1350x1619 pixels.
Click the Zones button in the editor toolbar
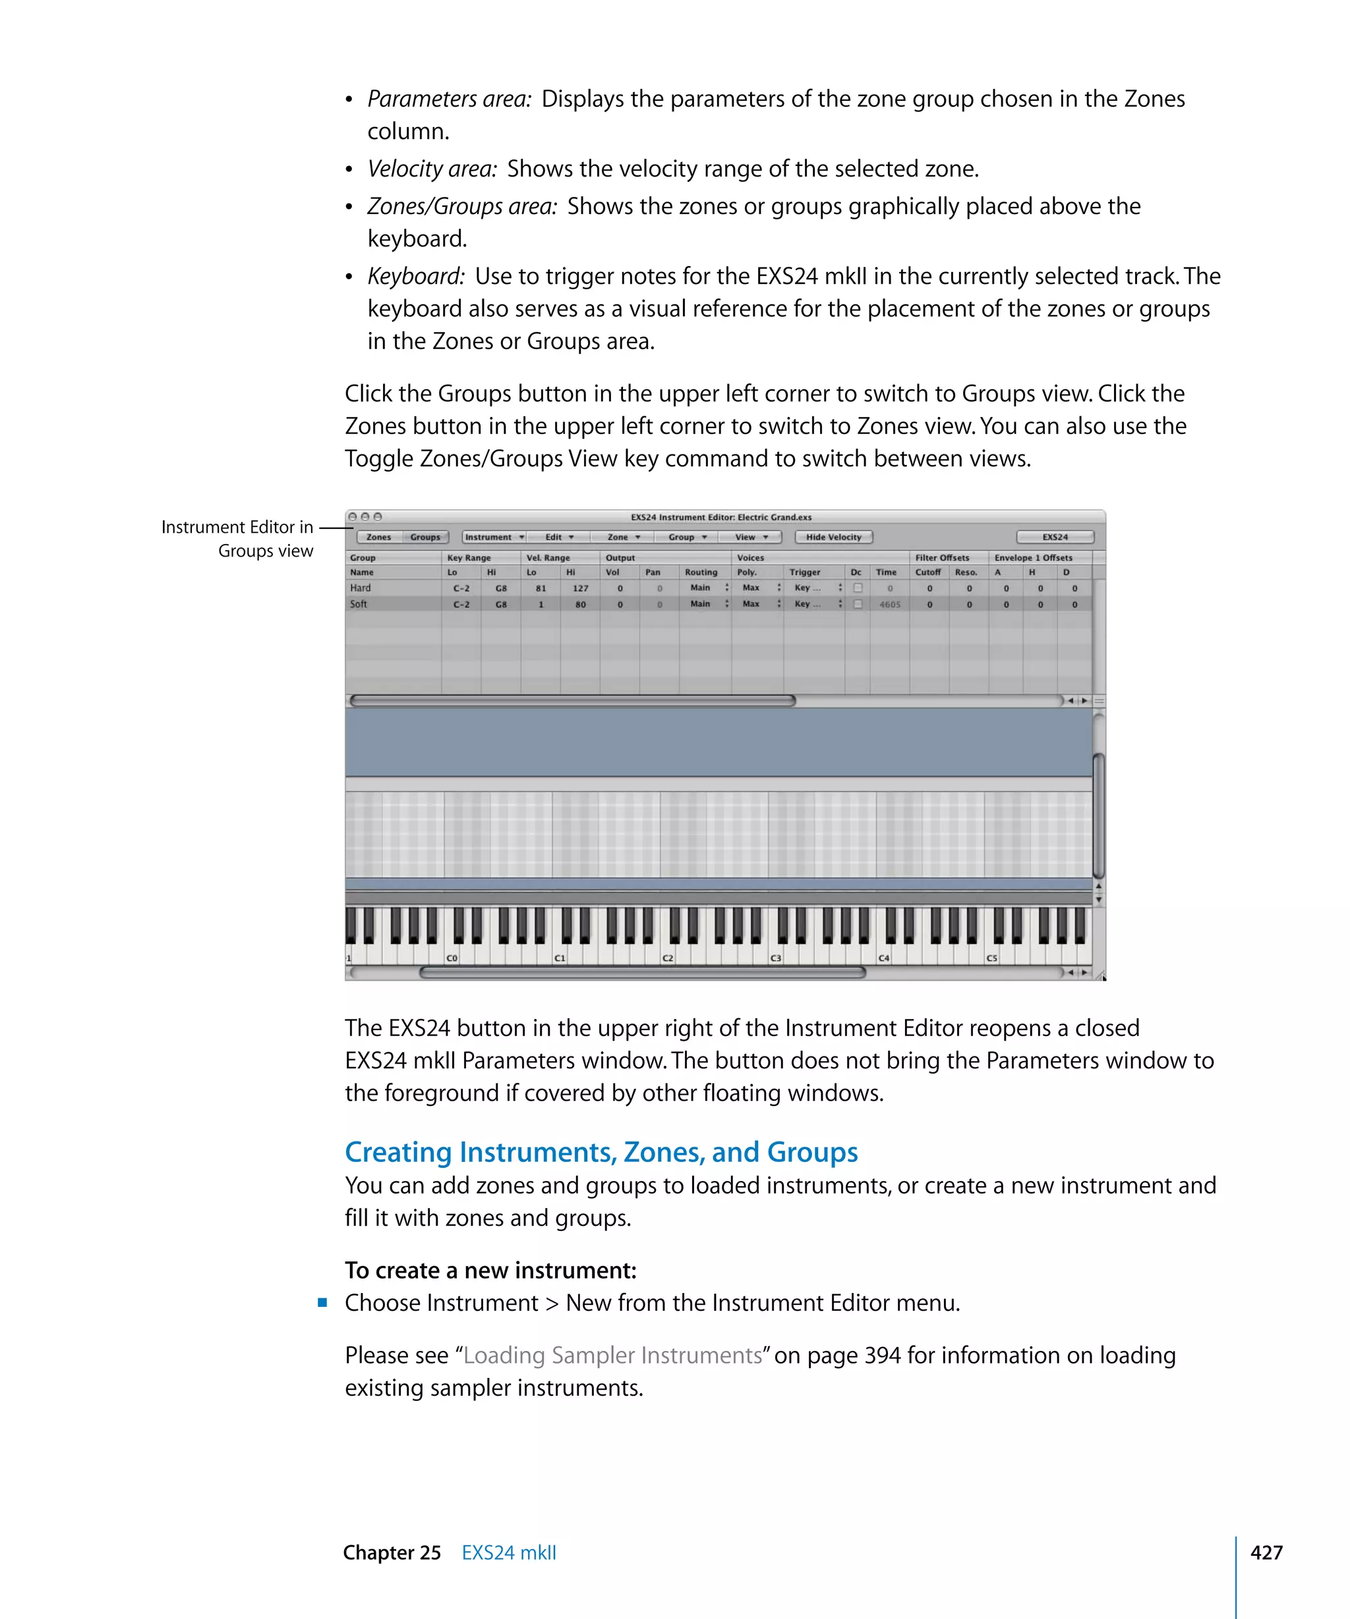378,537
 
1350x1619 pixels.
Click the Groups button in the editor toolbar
425,537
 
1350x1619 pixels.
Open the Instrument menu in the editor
494,537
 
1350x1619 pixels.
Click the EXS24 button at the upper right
1054,537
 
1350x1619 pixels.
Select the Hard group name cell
361,588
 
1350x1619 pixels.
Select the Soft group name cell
359,603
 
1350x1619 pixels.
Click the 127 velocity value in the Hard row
580,588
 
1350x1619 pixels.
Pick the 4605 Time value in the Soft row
889,605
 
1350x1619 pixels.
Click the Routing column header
701,572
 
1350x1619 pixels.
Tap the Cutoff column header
927,572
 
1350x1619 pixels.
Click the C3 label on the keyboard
775,958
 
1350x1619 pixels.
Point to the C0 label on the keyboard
452,958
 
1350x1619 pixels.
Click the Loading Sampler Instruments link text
612,1355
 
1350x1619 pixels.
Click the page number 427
1266,1552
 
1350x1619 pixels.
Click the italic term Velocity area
432,168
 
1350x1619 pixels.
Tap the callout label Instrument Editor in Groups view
237,538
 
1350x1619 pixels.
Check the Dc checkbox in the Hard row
857,588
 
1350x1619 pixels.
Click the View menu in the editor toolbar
750,537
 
